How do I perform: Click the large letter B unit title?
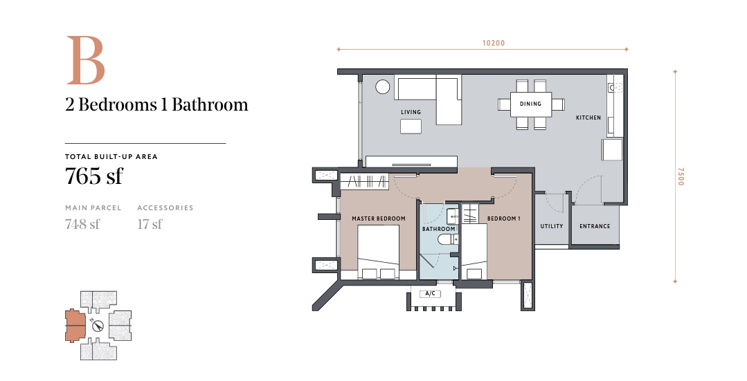click(85, 60)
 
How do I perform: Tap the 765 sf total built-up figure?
click(94, 176)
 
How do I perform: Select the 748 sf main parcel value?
click(82, 223)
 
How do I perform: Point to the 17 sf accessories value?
click(150, 223)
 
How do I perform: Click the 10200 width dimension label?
click(494, 43)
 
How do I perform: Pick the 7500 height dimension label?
click(681, 176)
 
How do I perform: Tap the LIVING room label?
click(411, 112)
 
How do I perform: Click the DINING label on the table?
click(530, 104)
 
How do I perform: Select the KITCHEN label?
click(588, 118)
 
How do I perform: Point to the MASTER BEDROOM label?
click(379, 219)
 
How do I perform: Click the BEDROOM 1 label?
click(503, 219)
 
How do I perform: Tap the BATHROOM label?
click(439, 230)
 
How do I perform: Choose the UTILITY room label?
click(552, 226)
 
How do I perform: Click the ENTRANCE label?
click(595, 226)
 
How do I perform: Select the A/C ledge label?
click(430, 293)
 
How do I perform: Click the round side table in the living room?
click(383, 87)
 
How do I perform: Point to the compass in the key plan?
click(98, 326)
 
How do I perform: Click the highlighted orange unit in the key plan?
click(74, 326)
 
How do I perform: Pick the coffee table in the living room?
click(411, 127)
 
